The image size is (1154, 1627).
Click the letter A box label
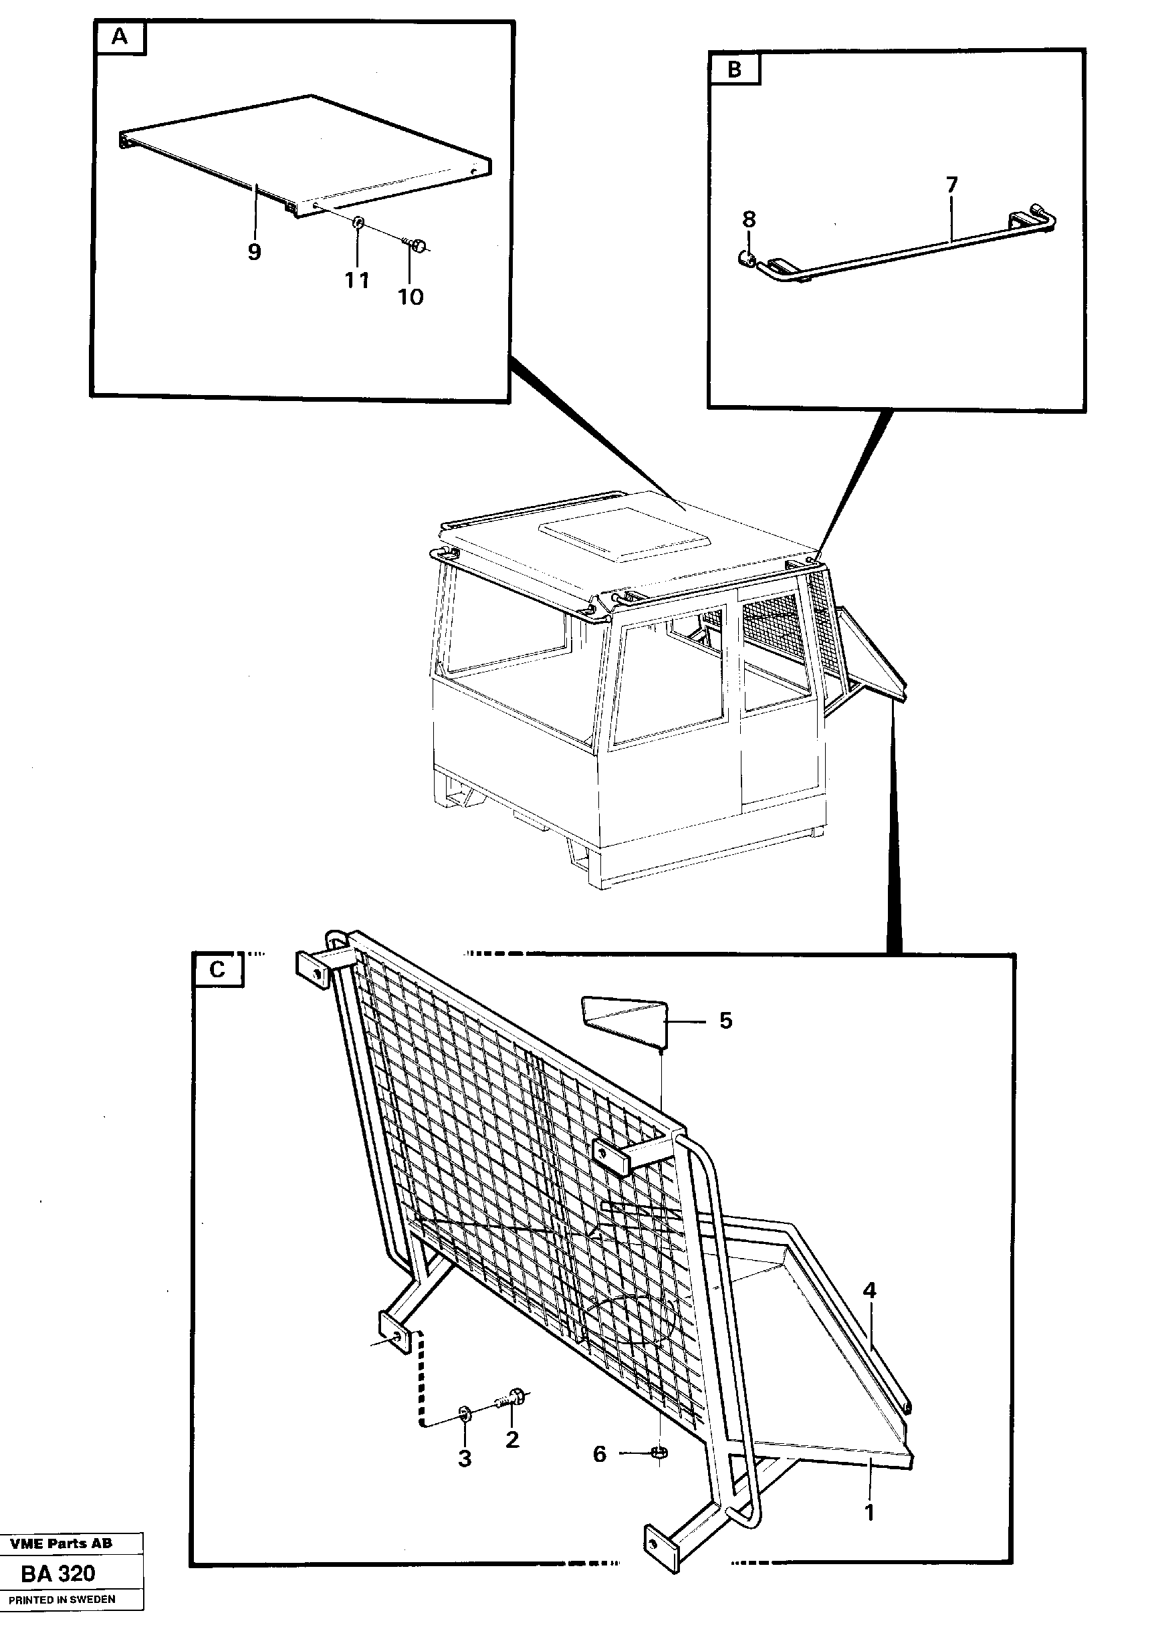point(120,37)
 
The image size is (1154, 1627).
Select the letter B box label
point(734,69)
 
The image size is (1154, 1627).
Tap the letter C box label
point(217,970)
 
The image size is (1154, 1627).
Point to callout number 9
point(253,251)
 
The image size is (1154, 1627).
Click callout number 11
point(357,280)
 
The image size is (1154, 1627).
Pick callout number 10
point(410,296)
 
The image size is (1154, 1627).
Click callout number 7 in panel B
point(951,184)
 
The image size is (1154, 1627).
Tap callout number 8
point(749,219)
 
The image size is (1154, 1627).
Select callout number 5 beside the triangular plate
point(725,1020)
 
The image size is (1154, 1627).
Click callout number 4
point(870,1289)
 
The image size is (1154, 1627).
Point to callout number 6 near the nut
point(599,1449)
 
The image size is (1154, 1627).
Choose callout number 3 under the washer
point(464,1459)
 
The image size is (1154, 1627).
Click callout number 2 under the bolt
point(511,1439)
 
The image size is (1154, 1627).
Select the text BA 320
point(58,1573)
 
